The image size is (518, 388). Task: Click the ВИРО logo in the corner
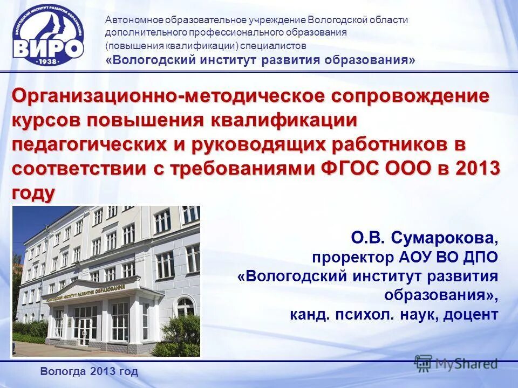coord(49,36)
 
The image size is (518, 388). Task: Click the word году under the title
coord(33,192)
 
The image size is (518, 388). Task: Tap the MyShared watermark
coord(456,364)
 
